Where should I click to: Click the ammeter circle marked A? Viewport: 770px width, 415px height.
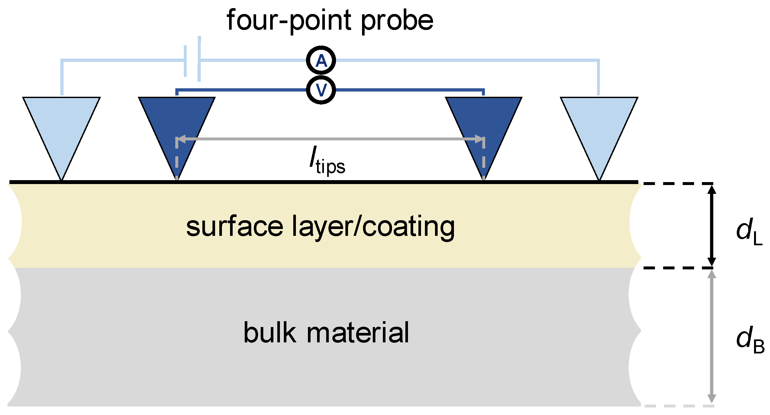(321, 61)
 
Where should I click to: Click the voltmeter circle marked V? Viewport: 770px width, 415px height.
(321, 90)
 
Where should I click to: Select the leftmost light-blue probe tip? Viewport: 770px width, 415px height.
(61, 130)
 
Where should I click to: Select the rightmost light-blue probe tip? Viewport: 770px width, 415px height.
(599, 130)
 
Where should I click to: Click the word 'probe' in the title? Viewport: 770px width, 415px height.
(397, 21)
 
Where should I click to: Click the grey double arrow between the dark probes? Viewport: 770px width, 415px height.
(330, 139)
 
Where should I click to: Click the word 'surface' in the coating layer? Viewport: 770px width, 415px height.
(235, 227)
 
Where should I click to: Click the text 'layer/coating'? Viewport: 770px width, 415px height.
(373, 227)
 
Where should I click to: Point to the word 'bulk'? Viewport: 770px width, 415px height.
(270, 333)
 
